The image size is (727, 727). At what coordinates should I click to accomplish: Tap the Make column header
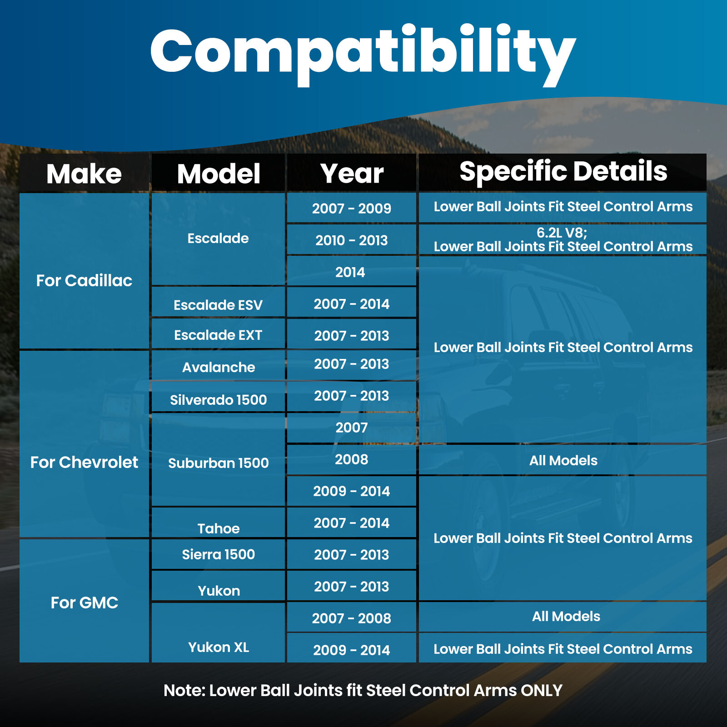coord(84,174)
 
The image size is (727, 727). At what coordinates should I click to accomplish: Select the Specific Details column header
coord(563,172)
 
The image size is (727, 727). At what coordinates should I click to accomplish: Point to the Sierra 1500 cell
coord(218,554)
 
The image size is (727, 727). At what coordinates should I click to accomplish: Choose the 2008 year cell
coord(351,459)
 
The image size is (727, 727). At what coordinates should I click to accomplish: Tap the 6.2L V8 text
coord(562,233)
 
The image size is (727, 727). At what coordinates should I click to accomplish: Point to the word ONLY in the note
coord(542,690)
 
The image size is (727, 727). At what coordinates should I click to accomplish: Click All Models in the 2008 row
coord(563,460)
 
